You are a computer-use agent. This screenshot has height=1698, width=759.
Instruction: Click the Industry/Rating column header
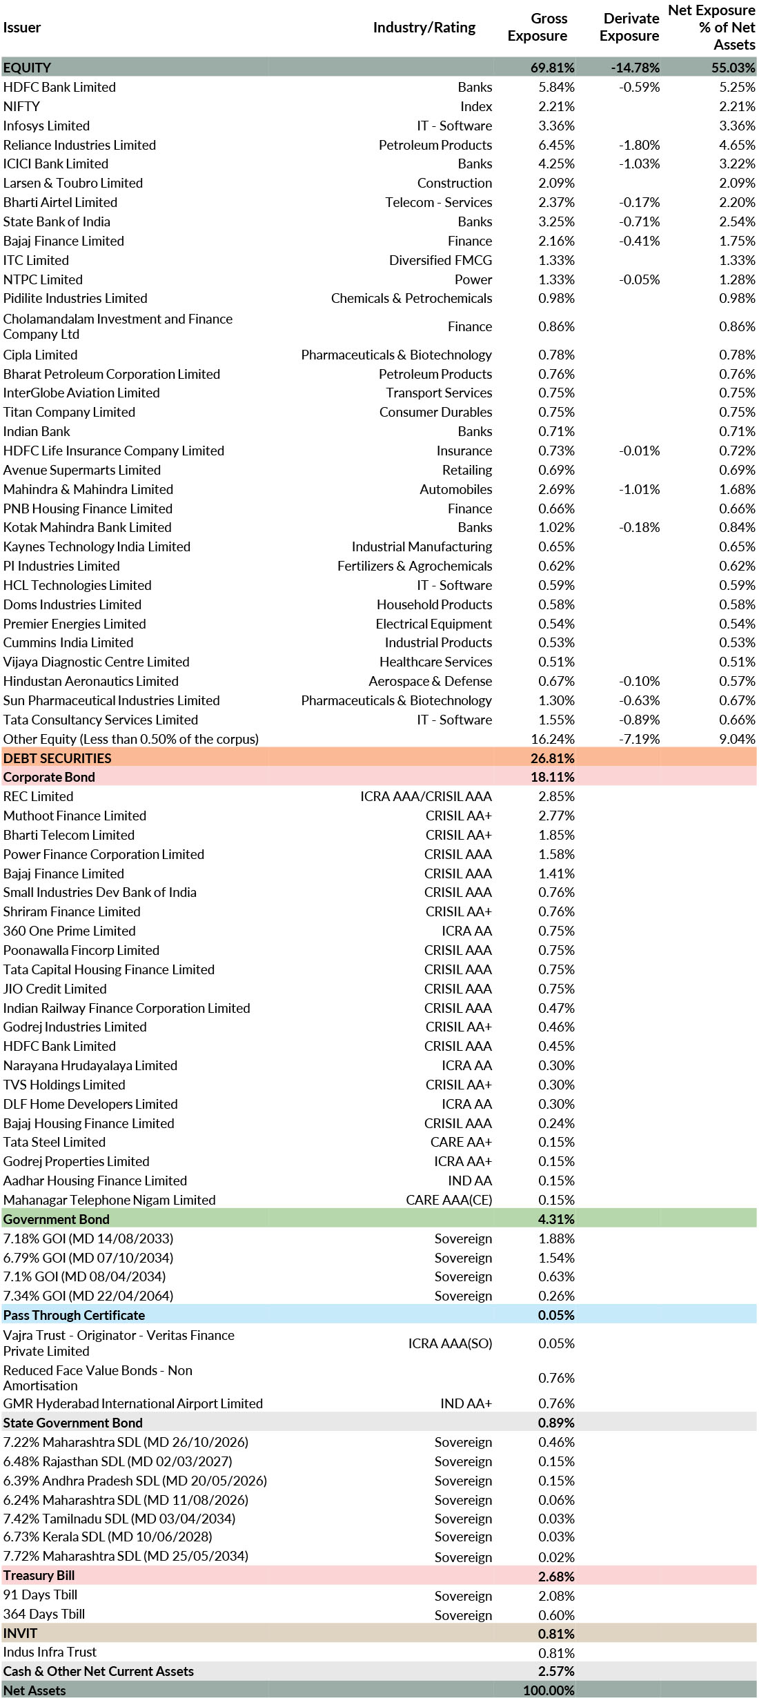(424, 28)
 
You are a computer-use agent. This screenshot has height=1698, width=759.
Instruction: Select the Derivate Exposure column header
(629, 28)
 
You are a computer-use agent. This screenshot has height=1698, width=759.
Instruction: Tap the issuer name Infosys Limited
(46, 126)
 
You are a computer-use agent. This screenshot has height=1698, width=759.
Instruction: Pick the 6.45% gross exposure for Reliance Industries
(556, 145)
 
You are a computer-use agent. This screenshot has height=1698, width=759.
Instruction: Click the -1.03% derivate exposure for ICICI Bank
(640, 164)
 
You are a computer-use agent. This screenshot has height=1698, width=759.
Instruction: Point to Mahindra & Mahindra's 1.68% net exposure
(737, 489)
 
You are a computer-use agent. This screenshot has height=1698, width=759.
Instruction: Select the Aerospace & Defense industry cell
(430, 681)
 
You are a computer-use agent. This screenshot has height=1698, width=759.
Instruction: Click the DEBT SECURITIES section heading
(57, 758)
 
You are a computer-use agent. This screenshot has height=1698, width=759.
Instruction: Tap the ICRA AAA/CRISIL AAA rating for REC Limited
(426, 796)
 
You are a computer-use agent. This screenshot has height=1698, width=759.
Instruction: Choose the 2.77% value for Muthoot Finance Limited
(556, 816)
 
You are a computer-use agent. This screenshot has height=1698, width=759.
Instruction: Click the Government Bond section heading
(56, 1219)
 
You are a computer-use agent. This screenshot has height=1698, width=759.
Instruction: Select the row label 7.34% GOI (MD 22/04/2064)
(88, 1296)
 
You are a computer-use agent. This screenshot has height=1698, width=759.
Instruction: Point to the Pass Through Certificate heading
(74, 1315)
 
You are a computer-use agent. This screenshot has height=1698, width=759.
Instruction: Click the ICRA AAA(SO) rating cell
(450, 1343)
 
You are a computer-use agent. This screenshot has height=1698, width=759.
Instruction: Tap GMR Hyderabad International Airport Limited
(132, 1403)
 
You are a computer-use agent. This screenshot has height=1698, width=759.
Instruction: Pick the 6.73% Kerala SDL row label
(108, 1537)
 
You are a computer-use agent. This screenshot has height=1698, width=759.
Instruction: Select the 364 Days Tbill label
(44, 1614)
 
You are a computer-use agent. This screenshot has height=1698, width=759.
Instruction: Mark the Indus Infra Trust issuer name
(50, 1652)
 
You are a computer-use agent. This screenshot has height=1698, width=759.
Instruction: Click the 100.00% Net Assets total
(549, 1690)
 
